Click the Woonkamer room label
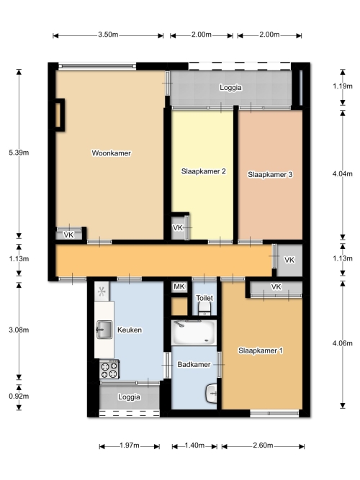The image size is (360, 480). [111, 153]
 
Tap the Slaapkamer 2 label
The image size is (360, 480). [204, 171]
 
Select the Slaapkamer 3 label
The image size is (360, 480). [270, 174]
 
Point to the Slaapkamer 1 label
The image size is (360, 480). [261, 350]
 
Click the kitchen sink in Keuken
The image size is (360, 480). [104, 330]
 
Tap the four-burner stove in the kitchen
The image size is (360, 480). [109, 369]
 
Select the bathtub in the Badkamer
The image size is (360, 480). [194, 332]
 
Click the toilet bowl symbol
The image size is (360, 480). [204, 309]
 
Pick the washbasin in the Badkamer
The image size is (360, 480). [212, 394]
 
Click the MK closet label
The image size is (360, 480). [179, 286]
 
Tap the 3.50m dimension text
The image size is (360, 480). [108, 35]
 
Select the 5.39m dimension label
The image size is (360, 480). [19, 153]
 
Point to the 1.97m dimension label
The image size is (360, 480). [130, 445]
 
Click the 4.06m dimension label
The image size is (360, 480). [343, 343]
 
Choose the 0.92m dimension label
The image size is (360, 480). [19, 396]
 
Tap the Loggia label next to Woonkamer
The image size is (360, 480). [230, 88]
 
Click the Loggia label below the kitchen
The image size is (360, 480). [130, 397]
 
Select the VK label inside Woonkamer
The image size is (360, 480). [68, 235]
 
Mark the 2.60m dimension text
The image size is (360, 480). [263, 445]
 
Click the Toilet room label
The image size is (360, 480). [204, 298]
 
